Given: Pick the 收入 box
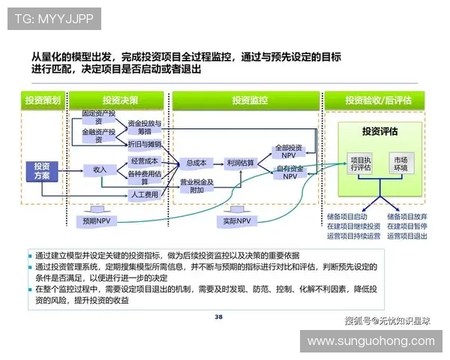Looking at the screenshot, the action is tap(100, 169).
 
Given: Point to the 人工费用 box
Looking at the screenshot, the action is tap(144, 195).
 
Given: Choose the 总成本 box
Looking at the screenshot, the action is tap(196, 163).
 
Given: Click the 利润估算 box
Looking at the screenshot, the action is tap(240, 163).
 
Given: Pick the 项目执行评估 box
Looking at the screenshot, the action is tap(361, 163).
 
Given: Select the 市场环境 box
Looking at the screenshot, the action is tap(400, 163).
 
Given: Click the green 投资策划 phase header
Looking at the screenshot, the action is tap(42, 100).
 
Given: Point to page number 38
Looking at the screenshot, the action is tap(218, 317).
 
